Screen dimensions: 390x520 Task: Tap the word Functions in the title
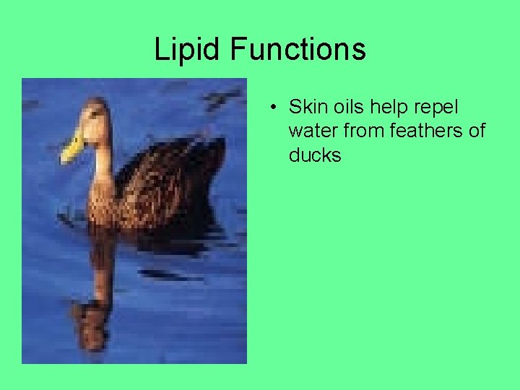[298, 50]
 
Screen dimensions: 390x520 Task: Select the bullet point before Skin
[273, 108]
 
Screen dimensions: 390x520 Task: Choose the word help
[391, 108]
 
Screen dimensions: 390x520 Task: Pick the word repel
[437, 108]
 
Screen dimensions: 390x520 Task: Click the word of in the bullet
[477, 131]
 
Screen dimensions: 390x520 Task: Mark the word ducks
[315, 155]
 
